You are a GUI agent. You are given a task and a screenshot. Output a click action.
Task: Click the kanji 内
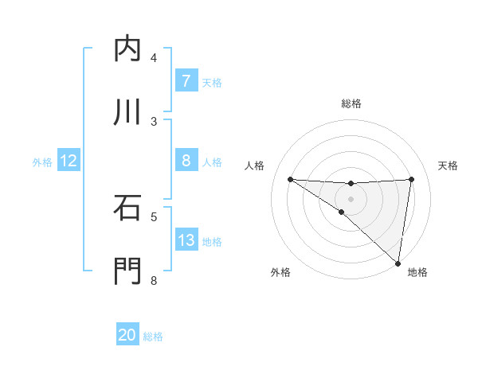point(127,49)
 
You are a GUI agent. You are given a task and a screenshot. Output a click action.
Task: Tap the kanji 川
point(127,112)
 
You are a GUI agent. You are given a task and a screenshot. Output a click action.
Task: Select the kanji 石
point(127,208)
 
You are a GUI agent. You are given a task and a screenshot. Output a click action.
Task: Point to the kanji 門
point(127,271)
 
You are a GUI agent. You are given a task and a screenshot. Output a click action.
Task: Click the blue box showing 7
point(186,81)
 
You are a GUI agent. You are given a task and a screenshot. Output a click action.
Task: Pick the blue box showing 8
point(186,161)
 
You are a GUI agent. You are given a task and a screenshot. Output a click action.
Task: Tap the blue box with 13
point(186,240)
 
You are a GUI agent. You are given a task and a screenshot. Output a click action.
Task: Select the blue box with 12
point(69,161)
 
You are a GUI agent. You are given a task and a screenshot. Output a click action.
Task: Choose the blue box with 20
point(127,335)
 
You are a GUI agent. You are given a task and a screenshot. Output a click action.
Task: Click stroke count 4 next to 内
point(154,58)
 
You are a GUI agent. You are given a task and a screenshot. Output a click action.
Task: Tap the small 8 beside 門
point(154,280)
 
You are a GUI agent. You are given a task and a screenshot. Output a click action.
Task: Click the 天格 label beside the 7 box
point(212,82)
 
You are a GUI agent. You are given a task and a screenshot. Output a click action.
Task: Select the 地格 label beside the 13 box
point(212,241)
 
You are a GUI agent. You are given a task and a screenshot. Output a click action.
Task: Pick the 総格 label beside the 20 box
point(153,336)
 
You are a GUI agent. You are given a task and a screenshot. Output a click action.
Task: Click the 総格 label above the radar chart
point(351,104)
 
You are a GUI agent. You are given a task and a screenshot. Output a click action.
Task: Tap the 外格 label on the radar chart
point(280,272)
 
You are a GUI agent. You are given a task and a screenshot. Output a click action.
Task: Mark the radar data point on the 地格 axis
point(398,263)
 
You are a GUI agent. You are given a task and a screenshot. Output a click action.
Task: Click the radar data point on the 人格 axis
point(291,179)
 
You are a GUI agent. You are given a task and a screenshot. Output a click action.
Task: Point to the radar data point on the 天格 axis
point(411,179)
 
